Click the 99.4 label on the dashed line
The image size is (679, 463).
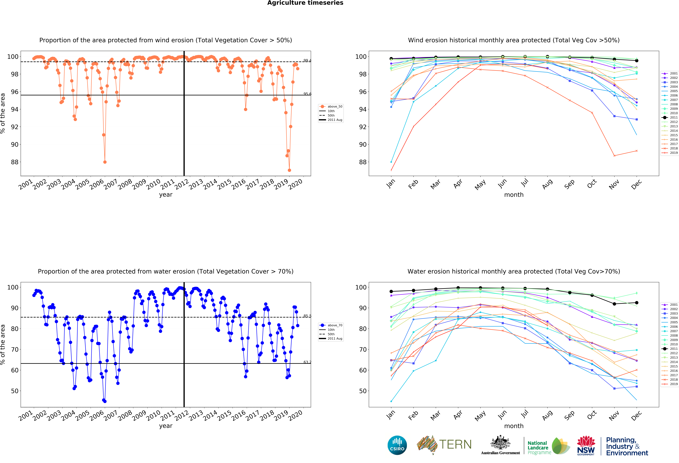307,61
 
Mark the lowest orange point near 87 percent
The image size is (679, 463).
289,170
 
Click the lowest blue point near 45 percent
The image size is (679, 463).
105,401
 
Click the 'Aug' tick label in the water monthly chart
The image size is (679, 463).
547,415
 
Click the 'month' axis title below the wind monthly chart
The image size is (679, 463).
514,195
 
